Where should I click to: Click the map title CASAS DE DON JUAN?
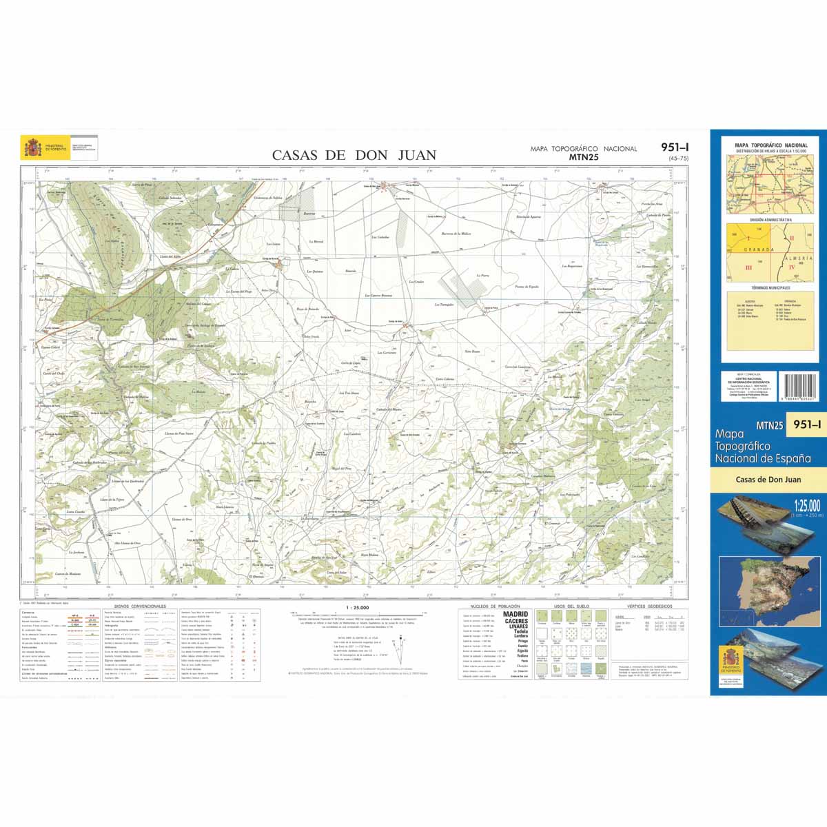[x=354, y=155]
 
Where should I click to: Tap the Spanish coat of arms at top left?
[x=32, y=148]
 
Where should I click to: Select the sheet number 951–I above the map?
[x=674, y=147]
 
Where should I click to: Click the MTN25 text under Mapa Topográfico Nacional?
[x=583, y=156]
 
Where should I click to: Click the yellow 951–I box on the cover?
[x=806, y=425]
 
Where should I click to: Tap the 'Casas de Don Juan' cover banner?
[x=768, y=480]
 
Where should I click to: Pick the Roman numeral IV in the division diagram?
[x=792, y=266]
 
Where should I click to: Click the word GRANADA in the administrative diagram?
[x=757, y=249]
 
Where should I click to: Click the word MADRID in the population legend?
[x=515, y=614]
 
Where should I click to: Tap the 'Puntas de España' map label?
[x=527, y=286]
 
